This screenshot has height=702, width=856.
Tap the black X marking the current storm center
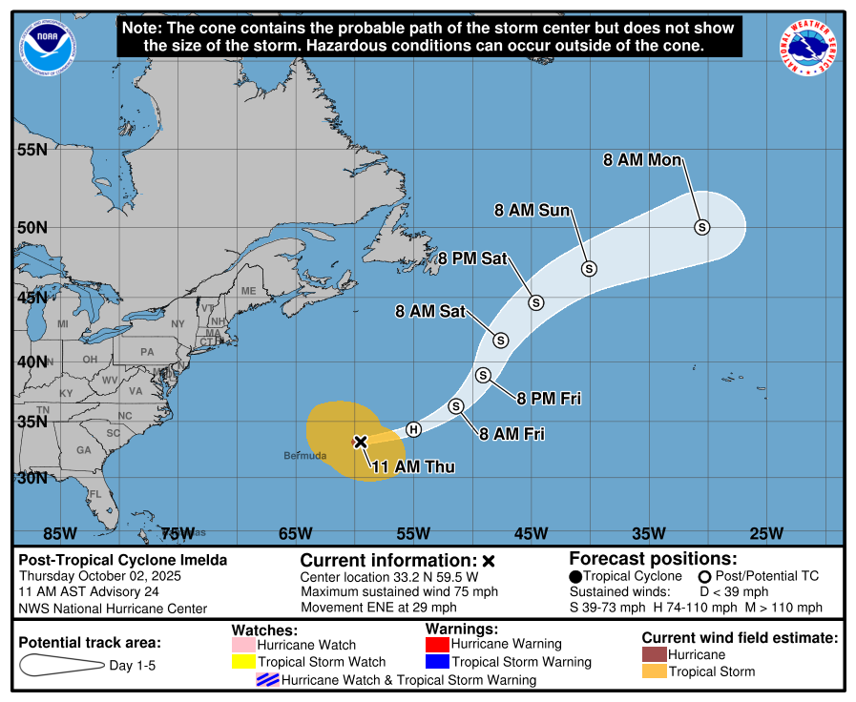[x=361, y=442]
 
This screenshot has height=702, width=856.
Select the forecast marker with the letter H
[x=413, y=429]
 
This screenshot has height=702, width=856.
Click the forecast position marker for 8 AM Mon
[x=702, y=227]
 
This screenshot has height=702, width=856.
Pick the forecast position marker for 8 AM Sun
[x=589, y=269]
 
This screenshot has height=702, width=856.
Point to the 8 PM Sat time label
[x=472, y=258]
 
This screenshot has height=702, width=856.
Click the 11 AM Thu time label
[x=412, y=467]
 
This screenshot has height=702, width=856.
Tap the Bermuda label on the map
[x=304, y=456]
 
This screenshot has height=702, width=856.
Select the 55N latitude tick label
[x=31, y=150]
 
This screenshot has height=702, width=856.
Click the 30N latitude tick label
[x=31, y=477]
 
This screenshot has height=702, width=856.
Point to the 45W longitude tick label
[x=531, y=533]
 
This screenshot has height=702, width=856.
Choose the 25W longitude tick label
[x=766, y=533]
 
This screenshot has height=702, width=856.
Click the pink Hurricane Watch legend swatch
[x=243, y=646]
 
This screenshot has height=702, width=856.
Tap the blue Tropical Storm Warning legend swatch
[x=437, y=662]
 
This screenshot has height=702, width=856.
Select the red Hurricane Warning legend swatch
[x=437, y=644]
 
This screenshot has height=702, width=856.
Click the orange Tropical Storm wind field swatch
[x=654, y=671]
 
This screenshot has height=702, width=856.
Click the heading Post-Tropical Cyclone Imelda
[x=123, y=561]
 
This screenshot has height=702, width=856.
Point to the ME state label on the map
[x=248, y=291]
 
